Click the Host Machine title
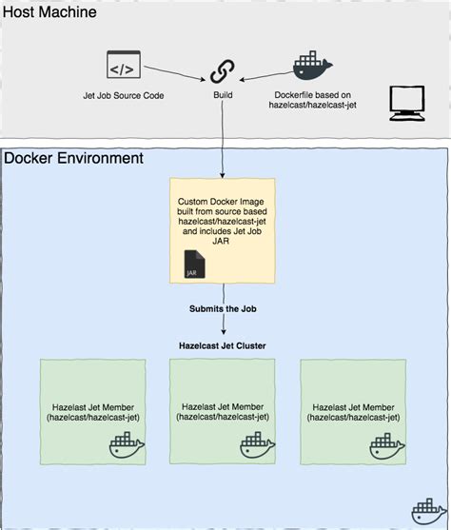click(53, 13)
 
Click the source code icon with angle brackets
click(122, 68)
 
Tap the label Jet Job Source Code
click(121, 96)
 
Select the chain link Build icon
click(223, 70)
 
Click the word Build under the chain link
click(223, 96)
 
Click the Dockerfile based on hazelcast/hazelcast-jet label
click(312, 101)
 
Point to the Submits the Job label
click(223, 307)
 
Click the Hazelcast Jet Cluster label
click(223, 345)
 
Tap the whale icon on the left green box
click(127, 445)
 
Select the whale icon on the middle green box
click(257, 445)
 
